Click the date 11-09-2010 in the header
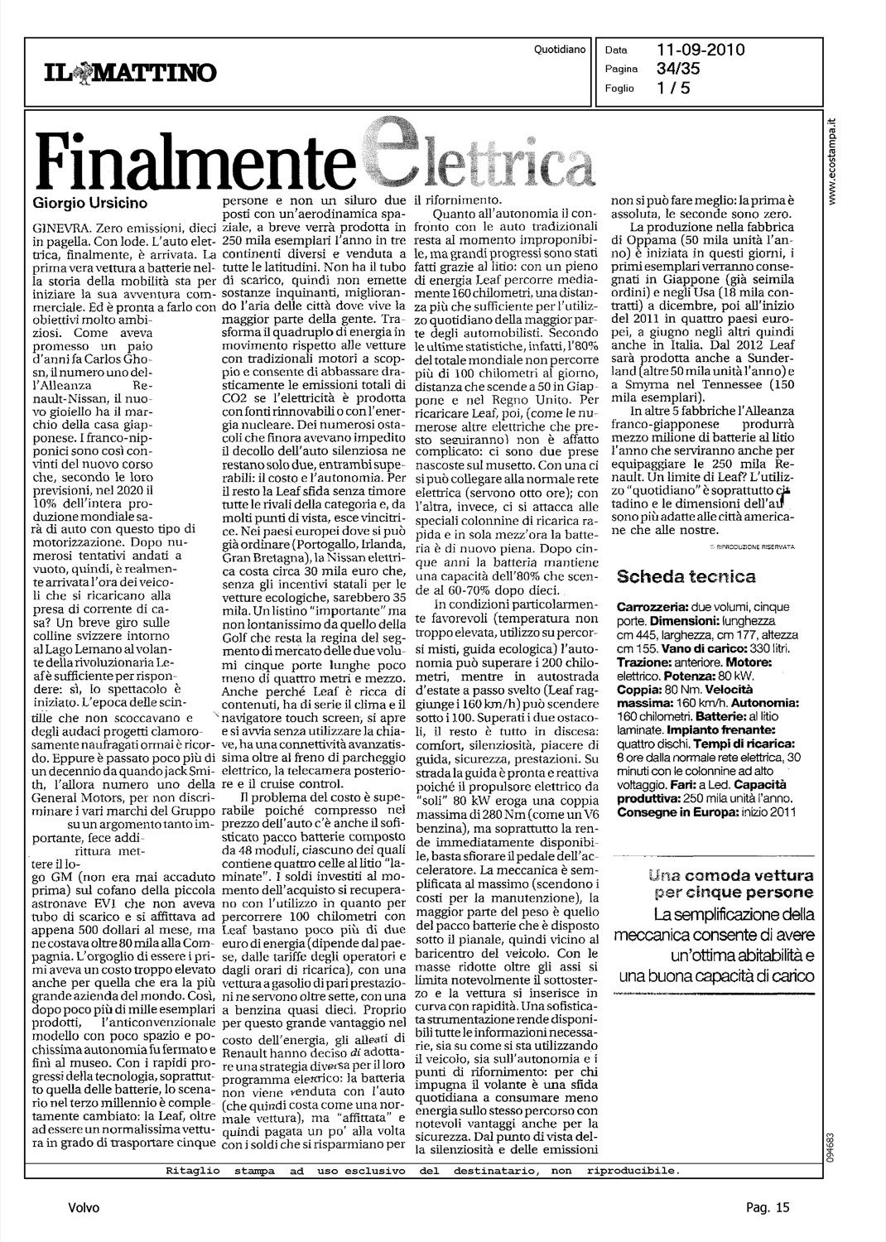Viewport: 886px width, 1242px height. pos(701,50)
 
